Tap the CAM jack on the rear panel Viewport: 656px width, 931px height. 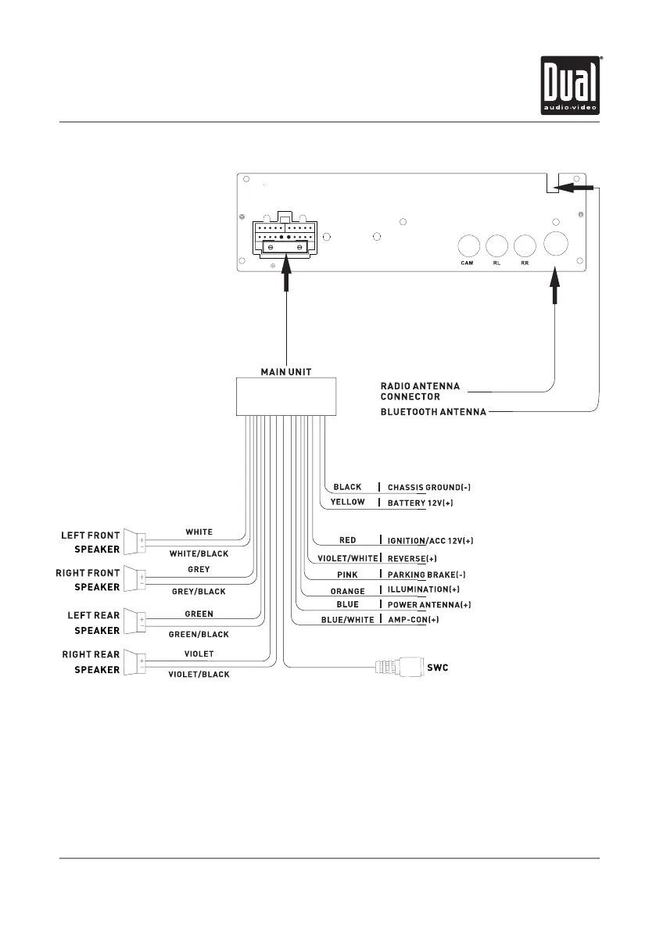(468, 246)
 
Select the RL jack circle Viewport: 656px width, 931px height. (496, 246)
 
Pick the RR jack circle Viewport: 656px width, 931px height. (525, 246)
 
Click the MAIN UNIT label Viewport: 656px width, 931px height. (286, 372)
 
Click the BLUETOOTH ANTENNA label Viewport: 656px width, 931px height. (433, 412)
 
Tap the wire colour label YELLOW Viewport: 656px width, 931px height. (347, 502)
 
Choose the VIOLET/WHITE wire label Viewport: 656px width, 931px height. (347, 559)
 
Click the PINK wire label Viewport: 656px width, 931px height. (347, 575)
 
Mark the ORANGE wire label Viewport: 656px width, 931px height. (347, 590)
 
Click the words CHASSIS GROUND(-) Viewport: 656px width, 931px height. (429, 487)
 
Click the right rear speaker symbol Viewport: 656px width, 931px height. (135, 662)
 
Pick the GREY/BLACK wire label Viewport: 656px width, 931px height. (199, 592)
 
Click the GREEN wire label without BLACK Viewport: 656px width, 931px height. (199, 614)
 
